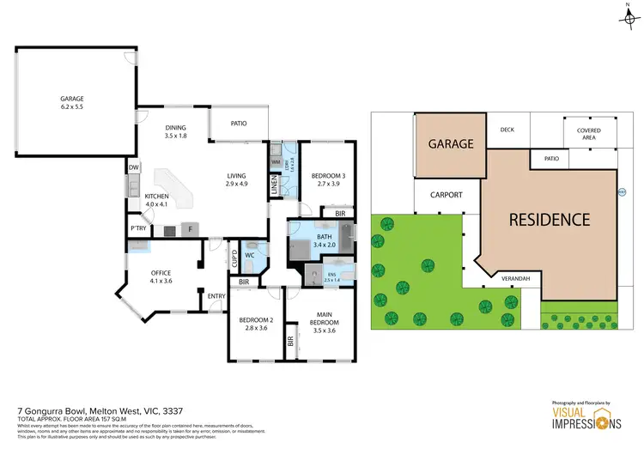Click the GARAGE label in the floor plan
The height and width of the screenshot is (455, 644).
(71, 99)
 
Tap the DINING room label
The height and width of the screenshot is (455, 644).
(176, 128)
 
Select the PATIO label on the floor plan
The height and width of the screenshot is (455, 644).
(238, 123)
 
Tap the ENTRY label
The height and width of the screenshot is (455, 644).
(216, 296)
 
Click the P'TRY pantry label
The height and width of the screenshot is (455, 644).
(137, 229)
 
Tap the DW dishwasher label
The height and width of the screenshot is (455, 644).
(134, 167)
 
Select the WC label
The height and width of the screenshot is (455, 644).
(249, 255)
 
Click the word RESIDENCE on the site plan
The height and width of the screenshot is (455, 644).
(550, 219)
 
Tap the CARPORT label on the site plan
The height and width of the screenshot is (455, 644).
(446, 195)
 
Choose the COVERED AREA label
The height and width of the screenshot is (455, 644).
(587, 133)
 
